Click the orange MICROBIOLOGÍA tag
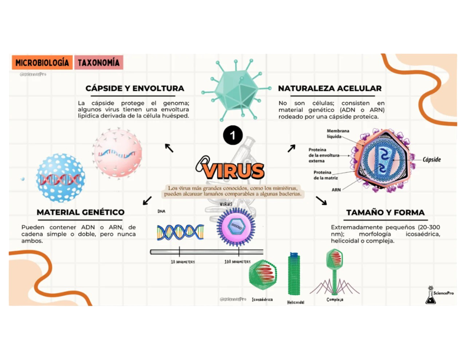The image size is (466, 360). [x=42, y=63]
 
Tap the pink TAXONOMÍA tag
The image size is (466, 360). [x=99, y=63]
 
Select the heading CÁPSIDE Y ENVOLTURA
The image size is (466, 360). [x=135, y=88]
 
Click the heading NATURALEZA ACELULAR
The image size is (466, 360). [x=330, y=88]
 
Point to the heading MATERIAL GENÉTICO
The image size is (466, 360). [x=81, y=212]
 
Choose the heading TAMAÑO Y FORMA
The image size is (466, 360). [x=385, y=212]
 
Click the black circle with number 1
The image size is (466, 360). [x=233, y=135]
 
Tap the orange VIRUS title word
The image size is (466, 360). [x=233, y=171]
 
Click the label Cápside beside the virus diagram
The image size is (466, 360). [x=431, y=160]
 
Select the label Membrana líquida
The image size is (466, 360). [x=338, y=133]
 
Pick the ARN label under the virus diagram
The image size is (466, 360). [x=336, y=189]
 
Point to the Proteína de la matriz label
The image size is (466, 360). [x=325, y=175]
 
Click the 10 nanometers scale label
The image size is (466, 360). [x=183, y=262]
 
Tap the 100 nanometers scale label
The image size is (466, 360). [x=237, y=262]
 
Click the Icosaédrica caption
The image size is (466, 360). [x=262, y=300]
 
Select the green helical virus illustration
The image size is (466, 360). [x=294, y=274]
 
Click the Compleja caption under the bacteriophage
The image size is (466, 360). [x=335, y=300]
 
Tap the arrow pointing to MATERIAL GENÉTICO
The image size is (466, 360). [x=147, y=200]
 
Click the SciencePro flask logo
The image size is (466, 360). [x=430, y=295]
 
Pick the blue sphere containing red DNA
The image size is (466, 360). [x=60, y=178]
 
